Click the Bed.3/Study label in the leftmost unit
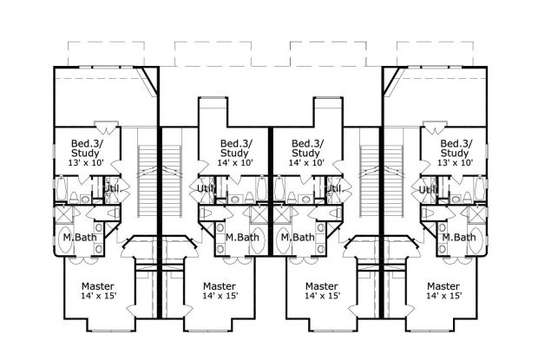pos(85,147)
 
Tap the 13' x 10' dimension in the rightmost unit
pos(455,162)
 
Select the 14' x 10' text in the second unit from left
pos(235,162)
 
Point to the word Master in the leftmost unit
pos(98,286)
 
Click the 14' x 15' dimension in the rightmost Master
pos(444,295)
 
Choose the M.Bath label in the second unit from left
pos(242,237)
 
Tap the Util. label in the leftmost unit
pos(112,188)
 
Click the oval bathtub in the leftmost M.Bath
pos(68,239)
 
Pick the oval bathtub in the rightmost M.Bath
pos(476,240)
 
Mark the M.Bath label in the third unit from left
pos(298,237)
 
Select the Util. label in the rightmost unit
pos(428,189)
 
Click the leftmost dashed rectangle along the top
pos(106,54)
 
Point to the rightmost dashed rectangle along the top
pos(435,54)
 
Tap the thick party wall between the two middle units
pos(271,191)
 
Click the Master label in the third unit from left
pos(322,286)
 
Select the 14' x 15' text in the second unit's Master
pos(220,295)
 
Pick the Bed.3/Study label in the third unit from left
pos(307,147)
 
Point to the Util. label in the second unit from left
pos(206,188)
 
